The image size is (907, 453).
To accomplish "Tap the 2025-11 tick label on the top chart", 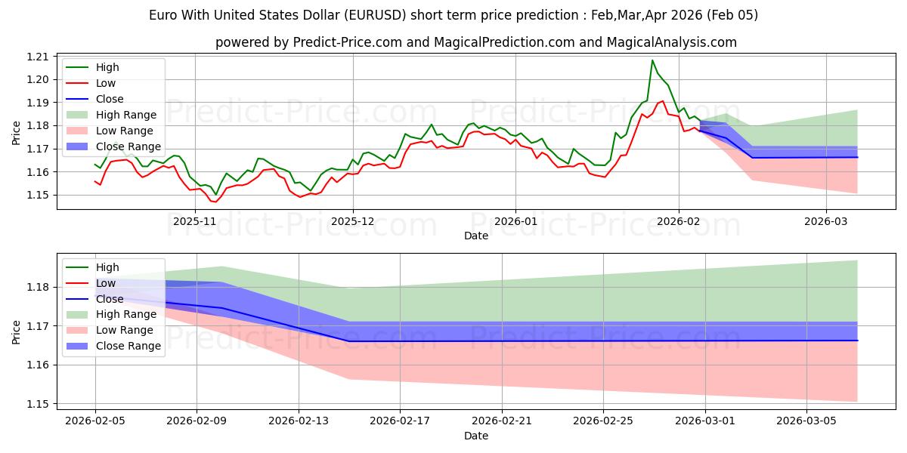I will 195,222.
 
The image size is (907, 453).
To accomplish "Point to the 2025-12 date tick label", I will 352,222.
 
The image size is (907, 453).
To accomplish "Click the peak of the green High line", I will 652,60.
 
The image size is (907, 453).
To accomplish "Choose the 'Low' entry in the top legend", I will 106,83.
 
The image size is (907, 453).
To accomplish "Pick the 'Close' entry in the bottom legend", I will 110,298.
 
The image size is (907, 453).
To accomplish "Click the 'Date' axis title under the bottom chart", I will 476,436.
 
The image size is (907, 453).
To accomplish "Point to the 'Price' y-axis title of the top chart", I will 17,133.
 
